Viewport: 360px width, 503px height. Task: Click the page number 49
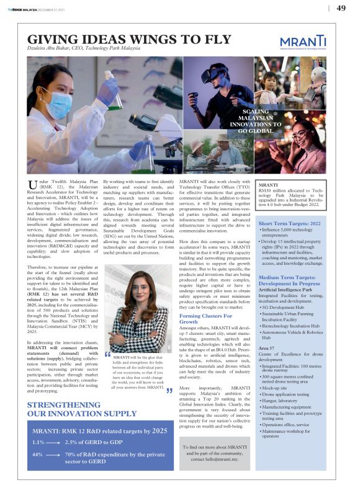coord(341,8)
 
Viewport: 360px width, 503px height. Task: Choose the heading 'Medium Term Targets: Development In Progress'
coord(290,281)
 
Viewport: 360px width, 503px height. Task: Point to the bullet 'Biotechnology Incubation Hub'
coord(291,325)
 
